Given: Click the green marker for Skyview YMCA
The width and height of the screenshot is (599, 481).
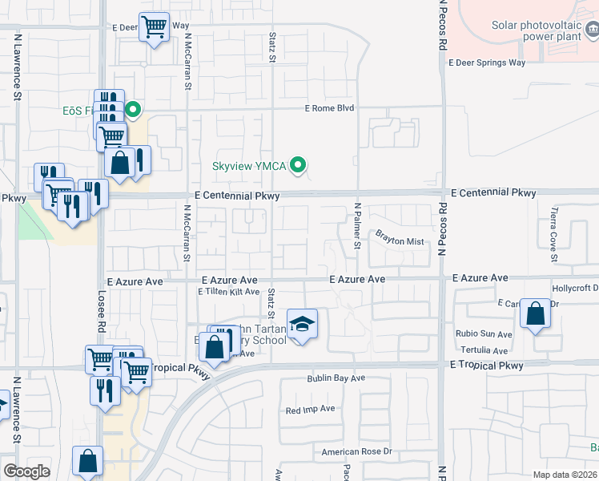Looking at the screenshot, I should tap(299, 166).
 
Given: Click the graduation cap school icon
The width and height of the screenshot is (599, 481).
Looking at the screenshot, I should tap(302, 325).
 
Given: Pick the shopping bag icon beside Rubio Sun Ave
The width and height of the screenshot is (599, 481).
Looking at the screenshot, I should tap(535, 314).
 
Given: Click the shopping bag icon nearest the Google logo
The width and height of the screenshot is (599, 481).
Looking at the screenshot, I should tap(88, 463).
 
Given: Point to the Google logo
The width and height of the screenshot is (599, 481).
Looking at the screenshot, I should tap(26, 471).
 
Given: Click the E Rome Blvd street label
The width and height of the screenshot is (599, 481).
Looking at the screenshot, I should tap(329, 108).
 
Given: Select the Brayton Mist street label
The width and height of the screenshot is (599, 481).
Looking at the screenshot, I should tap(400, 237).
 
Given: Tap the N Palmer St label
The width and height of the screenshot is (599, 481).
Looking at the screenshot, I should tap(358, 226).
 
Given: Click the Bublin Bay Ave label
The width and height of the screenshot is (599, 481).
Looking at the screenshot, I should tap(336, 378).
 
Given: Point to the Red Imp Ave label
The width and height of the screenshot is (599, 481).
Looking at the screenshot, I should tap(310, 410).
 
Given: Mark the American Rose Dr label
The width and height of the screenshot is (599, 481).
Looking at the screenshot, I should tap(356, 452).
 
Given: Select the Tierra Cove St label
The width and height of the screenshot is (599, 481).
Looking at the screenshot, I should tap(553, 234).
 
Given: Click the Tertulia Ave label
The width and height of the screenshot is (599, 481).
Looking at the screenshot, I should tap(484, 350).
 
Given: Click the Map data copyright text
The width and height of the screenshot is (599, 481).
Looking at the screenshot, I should tap(565, 475).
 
